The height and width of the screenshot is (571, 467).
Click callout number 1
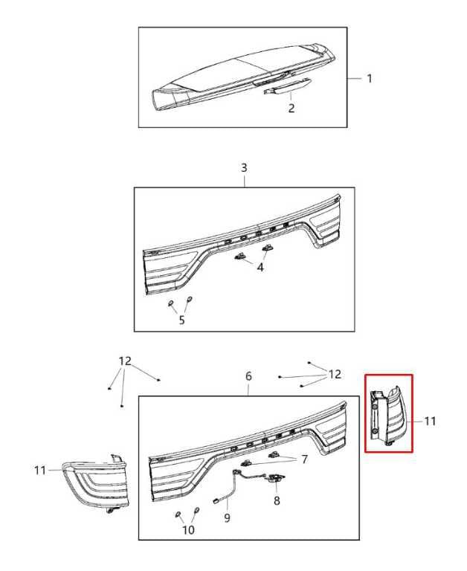pyautogui.click(x=370, y=78)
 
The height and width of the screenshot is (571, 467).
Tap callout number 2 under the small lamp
pyautogui.click(x=291, y=108)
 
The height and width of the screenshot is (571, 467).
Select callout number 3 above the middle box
pyautogui.click(x=244, y=168)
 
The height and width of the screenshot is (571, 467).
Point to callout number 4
pyautogui.click(x=260, y=268)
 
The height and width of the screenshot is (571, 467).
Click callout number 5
pyautogui.click(x=181, y=320)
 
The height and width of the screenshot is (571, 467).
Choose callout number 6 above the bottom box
pyautogui.click(x=248, y=376)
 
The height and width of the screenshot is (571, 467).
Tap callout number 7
pyautogui.click(x=305, y=459)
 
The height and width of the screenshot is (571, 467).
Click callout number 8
pyautogui.click(x=277, y=500)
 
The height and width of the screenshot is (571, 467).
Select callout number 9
pyautogui.click(x=228, y=517)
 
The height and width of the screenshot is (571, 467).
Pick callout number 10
pyautogui.click(x=188, y=530)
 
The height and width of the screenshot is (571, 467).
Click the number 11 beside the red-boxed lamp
pyautogui.click(x=431, y=421)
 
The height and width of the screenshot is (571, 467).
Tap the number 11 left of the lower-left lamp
pyautogui.click(x=40, y=470)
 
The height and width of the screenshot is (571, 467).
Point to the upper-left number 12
pyautogui.click(x=125, y=361)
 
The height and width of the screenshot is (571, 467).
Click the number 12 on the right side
pyautogui.click(x=335, y=375)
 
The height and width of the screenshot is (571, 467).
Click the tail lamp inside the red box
pyautogui.click(x=387, y=415)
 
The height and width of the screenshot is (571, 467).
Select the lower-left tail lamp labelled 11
pyautogui.click(x=95, y=483)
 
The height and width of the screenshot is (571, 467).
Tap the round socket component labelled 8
pyautogui.click(x=276, y=478)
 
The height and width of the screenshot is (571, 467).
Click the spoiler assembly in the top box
pyautogui.click(x=243, y=77)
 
